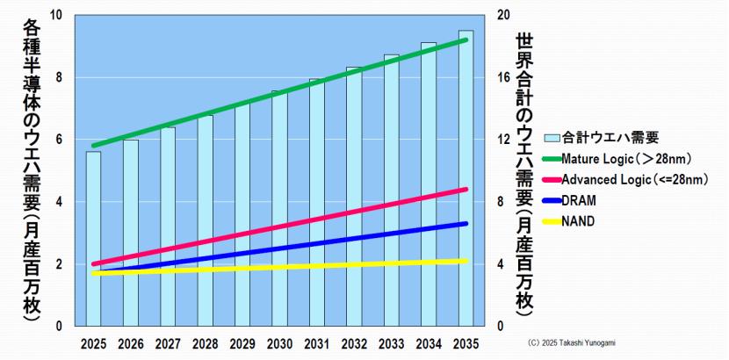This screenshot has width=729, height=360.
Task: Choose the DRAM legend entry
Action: [x=580, y=201]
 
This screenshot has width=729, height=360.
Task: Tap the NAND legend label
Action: [x=579, y=221]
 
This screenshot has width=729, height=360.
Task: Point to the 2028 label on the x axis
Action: [x=205, y=343]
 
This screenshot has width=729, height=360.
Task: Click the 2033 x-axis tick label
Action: [x=391, y=343]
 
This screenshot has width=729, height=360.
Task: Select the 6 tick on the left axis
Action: [x=59, y=140]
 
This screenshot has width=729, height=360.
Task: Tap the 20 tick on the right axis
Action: [x=503, y=16]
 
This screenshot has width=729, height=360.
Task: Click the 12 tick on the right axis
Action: [x=503, y=140]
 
